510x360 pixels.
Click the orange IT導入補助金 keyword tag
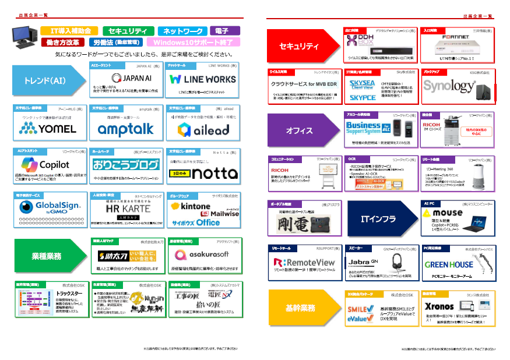pos(70,31)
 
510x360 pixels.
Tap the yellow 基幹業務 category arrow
pos(301,307)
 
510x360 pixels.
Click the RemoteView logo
pos(304,263)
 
